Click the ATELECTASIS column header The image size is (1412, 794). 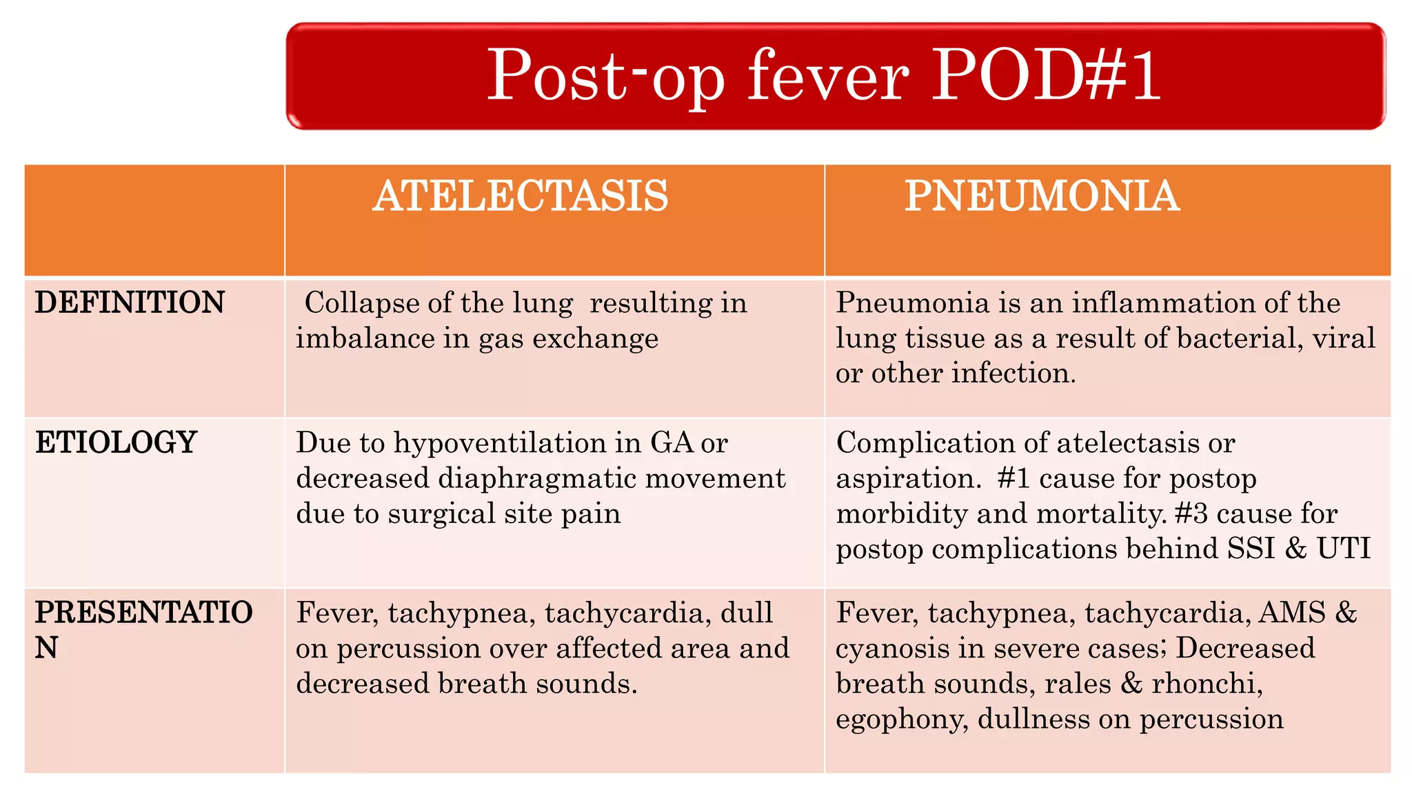coord(521,196)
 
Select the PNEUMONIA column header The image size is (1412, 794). coord(1042,196)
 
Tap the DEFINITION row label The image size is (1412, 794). coord(130,303)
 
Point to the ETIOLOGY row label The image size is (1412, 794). coord(116,442)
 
